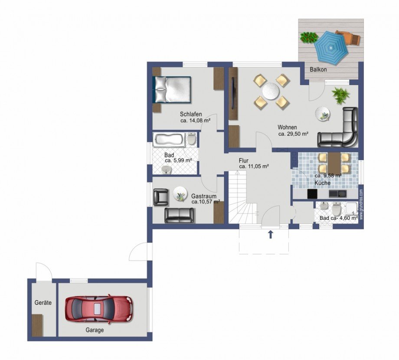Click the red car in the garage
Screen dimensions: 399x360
tap(99, 309)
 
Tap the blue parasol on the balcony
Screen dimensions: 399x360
tap(331, 48)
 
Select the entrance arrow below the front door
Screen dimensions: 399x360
tap(271, 234)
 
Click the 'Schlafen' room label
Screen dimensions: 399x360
tap(191, 114)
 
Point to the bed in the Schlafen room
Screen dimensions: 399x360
tap(172, 89)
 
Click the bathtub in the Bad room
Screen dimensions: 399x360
tap(168, 140)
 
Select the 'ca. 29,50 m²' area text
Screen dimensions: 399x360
tap(294, 134)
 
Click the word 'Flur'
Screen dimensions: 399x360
tap(244, 160)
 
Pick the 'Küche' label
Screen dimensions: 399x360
tap(322, 183)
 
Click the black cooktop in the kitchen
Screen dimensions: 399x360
tap(313, 194)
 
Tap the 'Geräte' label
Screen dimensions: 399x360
tap(43, 303)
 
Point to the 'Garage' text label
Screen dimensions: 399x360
tap(95, 330)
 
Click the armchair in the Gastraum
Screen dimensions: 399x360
tap(161, 197)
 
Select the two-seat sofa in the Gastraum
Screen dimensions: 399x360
tap(179, 215)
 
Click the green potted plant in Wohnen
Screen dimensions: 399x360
tap(340, 95)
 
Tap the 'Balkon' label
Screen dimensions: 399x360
tap(318, 69)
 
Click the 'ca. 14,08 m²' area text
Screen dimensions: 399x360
tap(195, 121)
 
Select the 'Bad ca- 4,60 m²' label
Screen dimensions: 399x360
tap(339, 218)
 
